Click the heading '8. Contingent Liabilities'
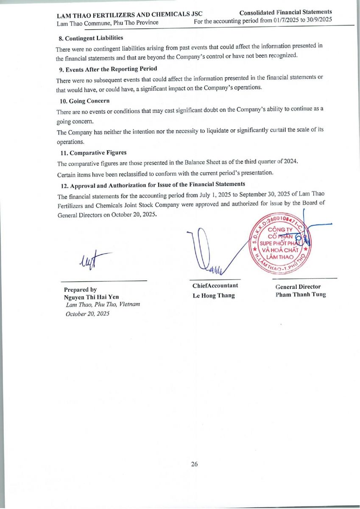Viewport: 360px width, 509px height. (x=91, y=38)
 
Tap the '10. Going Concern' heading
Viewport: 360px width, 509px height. (x=84, y=101)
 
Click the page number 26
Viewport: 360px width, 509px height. (x=194, y=464)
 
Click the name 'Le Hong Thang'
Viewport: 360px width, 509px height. (x=213, y=295)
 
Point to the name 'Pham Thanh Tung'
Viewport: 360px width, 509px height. (x=301, y=294)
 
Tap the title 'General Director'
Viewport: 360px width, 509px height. (x=298, y=287)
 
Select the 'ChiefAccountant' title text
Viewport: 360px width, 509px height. (x=215, y=285)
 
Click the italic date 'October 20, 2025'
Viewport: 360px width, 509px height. (x=87, y=313)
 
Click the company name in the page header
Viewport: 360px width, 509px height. (x=130, y=15)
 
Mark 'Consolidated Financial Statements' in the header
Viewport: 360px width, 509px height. (x=285, y=12)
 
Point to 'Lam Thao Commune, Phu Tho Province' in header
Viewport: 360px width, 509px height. (x=108, y=22)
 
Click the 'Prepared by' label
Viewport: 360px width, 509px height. (x=80, y=290)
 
